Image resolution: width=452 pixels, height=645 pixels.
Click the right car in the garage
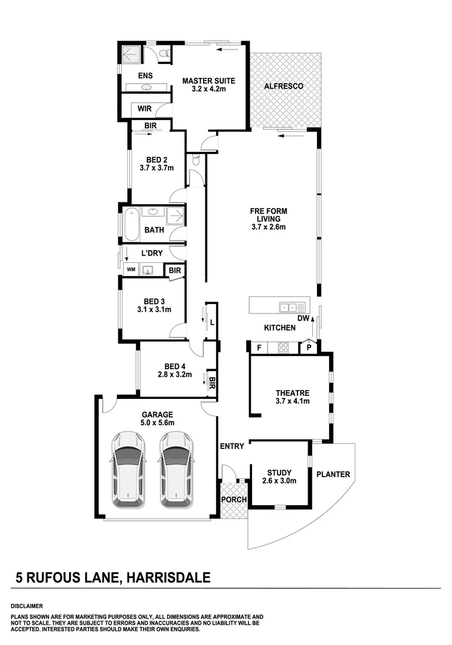[176, 466]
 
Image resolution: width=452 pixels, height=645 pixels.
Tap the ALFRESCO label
[284, 86]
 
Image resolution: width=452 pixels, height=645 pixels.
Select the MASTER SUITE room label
[208, 81]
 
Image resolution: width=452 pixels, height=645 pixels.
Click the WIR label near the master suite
[144, 109]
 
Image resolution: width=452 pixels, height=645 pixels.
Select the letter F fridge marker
[259, 347]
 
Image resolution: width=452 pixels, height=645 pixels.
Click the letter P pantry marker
[309, 347]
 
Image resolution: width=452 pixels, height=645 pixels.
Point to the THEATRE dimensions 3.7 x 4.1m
[293, 401]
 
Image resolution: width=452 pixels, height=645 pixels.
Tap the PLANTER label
[333, 475]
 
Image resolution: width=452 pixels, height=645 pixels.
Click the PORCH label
[233, 500]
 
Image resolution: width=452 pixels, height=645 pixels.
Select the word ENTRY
[232, 446]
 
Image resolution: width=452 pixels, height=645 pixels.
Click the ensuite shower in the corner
[130, 55]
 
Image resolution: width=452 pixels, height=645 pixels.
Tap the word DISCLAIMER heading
[27, 605]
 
